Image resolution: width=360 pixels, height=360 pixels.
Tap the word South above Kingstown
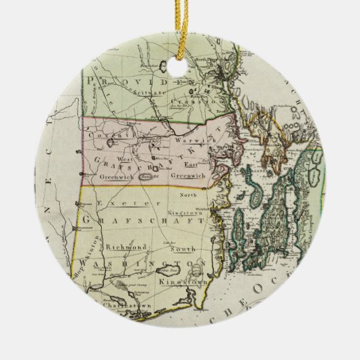tap(188, 248)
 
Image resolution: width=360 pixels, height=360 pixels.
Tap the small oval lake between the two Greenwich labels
tap(144, 175)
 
